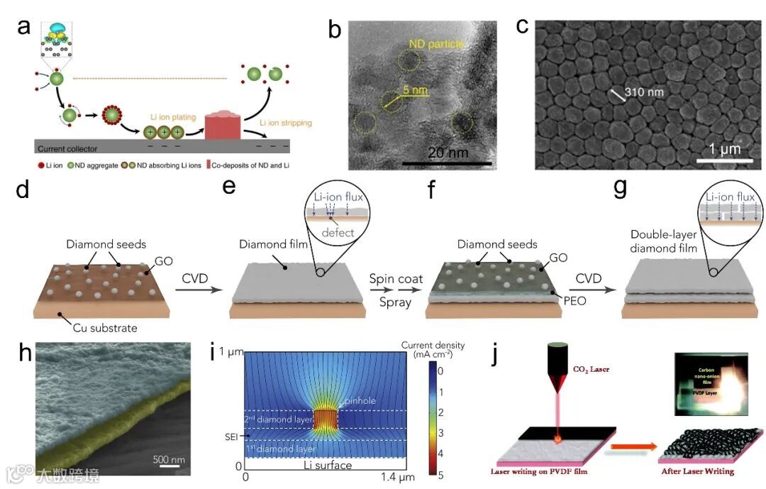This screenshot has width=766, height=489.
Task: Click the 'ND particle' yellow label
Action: tap(435, 44)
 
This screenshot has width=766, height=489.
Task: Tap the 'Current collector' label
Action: tap(67, 148)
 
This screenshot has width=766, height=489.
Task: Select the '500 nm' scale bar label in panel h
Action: tap(170, 458)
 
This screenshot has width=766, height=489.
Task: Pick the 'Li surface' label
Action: tap(327, 466)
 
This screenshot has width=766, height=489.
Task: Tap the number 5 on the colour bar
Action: tap(440, 475)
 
